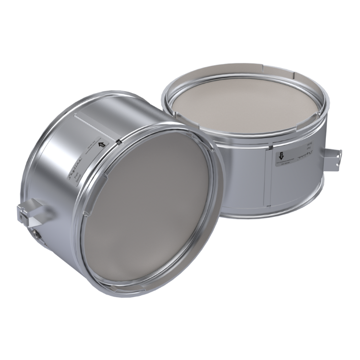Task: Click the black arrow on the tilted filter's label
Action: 101,144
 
